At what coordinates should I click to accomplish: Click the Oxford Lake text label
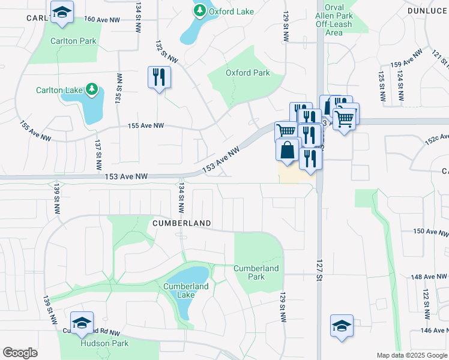(x=231, y=11)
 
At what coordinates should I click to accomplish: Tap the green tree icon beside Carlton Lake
(x=91, y=90)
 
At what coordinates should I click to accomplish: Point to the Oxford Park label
(x=247, y=73)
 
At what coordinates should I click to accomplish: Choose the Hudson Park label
(x=97, y=344)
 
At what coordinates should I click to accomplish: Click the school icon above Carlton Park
(x=61, y=12)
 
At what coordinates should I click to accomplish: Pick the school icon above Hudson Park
(x=82, y=322)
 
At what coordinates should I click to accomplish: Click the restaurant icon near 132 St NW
(x=159, y=77)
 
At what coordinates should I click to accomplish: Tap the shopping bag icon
(x=288, y=149)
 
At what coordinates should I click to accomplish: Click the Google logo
(x=20, y=353)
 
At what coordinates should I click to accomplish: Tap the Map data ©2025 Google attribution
(x=411, y=355)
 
